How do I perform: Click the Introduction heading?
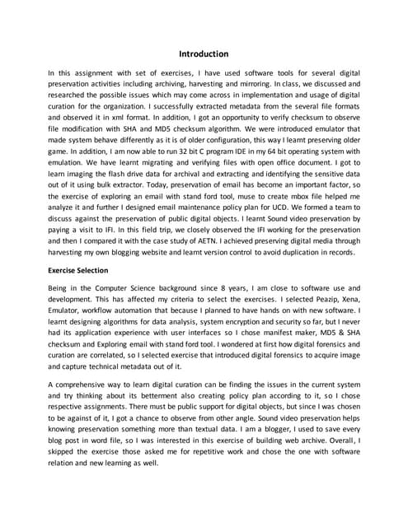[x=204, y=54]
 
